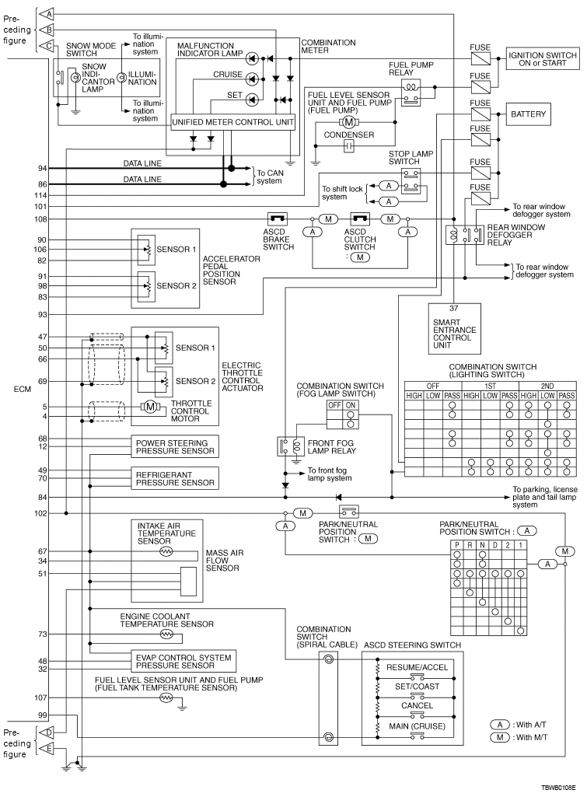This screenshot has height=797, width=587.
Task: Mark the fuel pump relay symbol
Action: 411,91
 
